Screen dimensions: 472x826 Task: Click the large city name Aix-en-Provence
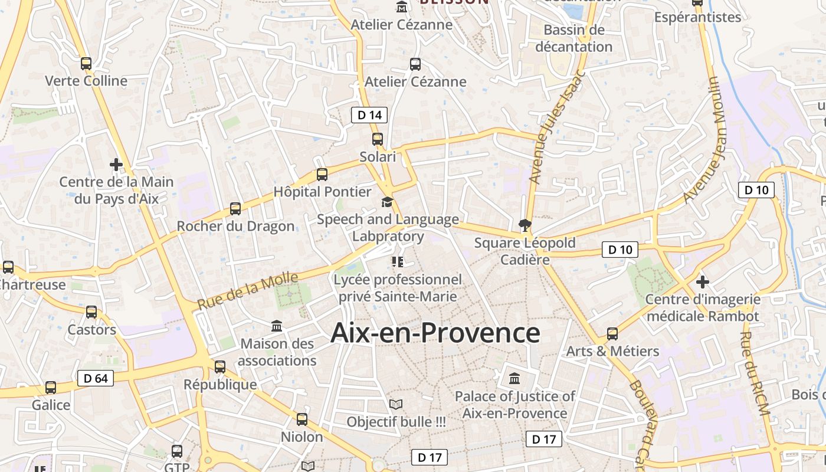pos(435,333)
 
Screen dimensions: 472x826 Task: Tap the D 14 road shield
pos(369,115)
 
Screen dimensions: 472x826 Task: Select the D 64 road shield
pos(95,378)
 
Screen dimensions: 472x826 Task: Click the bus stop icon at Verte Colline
pos(86,64)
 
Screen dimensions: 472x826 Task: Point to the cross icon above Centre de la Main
pos(116,164)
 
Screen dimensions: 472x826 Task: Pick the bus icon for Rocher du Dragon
pos(235,209)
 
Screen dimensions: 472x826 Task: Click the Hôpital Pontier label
pos(322,192)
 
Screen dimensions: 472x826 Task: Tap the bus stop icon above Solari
pos(378,140)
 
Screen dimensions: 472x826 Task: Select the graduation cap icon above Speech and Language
pos(387,202)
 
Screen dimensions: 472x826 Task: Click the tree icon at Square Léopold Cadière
pos(524,225)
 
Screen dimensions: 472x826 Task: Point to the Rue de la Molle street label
pos(248,290)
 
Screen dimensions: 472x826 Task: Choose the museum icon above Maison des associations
pos(277,326)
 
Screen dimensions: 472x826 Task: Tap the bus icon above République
pos(220,367)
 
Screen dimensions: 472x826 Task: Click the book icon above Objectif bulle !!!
pos(396,405)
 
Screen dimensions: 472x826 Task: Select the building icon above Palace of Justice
pos(514,378)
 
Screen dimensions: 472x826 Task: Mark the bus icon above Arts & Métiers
pos(612,334)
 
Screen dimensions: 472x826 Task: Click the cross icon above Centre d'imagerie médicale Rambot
pos(702,281)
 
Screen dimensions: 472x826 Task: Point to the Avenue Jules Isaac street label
pos(556,127)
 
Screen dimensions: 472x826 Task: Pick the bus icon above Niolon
pos(302,419)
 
